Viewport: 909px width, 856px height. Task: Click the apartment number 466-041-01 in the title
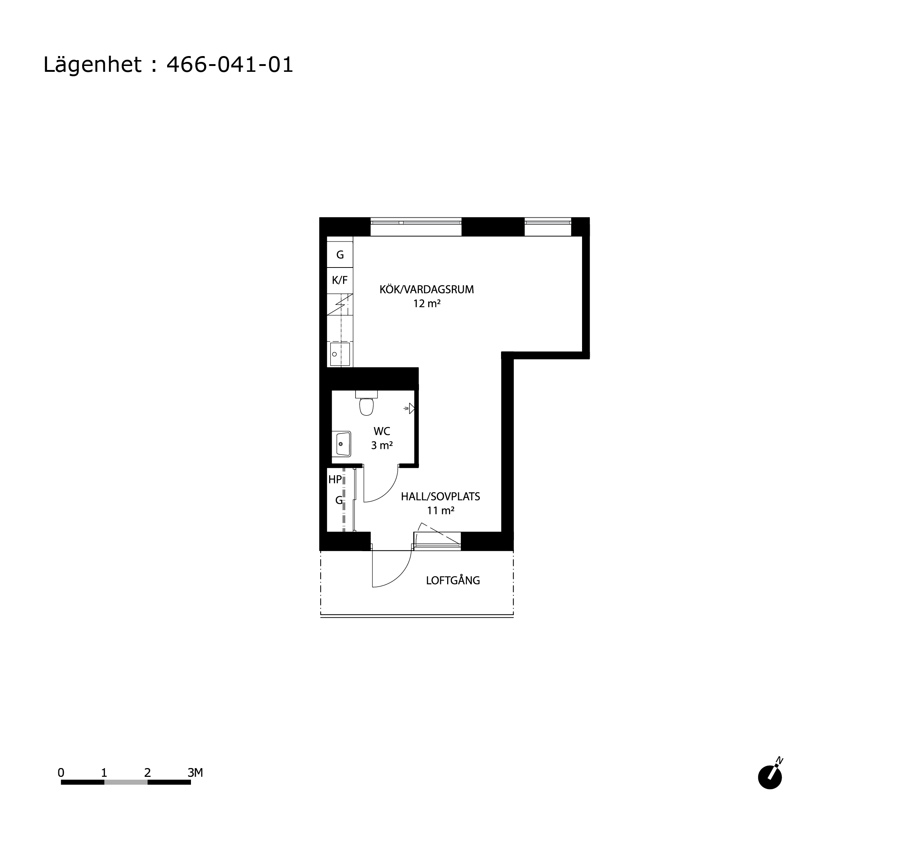[x=229, y=64]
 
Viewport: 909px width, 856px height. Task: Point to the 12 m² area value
[x=427, y=303]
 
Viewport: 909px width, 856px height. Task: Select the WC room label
[x=382, y=431]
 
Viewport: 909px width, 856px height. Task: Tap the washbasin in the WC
[x=342, y=444]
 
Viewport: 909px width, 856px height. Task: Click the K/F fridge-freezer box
[x=340, y=280]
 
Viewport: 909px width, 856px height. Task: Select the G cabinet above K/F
[x=340, y=255]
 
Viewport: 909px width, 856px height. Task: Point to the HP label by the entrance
[x=335, y=479]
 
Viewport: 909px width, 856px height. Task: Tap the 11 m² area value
[x=440, y=510]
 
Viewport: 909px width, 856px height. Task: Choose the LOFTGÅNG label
[x=453, y=580]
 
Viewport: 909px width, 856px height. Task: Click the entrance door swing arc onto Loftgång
[x=401, y=576]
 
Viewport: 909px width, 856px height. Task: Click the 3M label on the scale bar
[x=195, y=772]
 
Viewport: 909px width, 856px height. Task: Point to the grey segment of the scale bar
[x=126, y=782]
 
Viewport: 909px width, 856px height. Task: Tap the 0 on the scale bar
[x=61, y=773]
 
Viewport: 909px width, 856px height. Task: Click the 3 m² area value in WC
[x=382, y=445]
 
